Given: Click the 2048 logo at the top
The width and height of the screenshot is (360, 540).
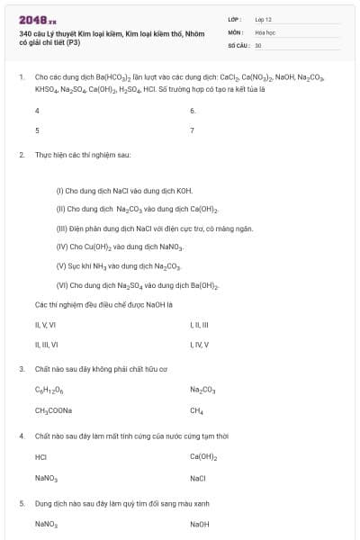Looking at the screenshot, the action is (37, 20).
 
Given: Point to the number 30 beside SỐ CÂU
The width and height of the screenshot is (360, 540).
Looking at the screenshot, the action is (258, 44).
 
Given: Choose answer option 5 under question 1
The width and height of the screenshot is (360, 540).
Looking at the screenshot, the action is (37, 130).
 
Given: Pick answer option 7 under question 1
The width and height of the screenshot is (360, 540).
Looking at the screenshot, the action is (193, 130).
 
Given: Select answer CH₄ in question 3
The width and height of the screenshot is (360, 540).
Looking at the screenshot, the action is (196, 410).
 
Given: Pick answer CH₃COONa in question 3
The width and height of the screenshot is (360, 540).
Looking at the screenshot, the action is (53, 410).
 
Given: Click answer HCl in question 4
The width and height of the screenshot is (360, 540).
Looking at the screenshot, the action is (40, 456).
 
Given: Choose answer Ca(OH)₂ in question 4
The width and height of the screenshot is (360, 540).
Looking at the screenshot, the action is (203, 456).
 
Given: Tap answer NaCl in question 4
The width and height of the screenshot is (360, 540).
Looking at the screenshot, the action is (198, 478).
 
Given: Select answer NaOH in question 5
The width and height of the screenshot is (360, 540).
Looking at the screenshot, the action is (199, 523).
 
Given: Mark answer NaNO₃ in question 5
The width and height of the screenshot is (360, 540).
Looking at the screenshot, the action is (46, 523).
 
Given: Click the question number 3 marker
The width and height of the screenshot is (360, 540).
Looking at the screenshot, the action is (22, 369).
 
